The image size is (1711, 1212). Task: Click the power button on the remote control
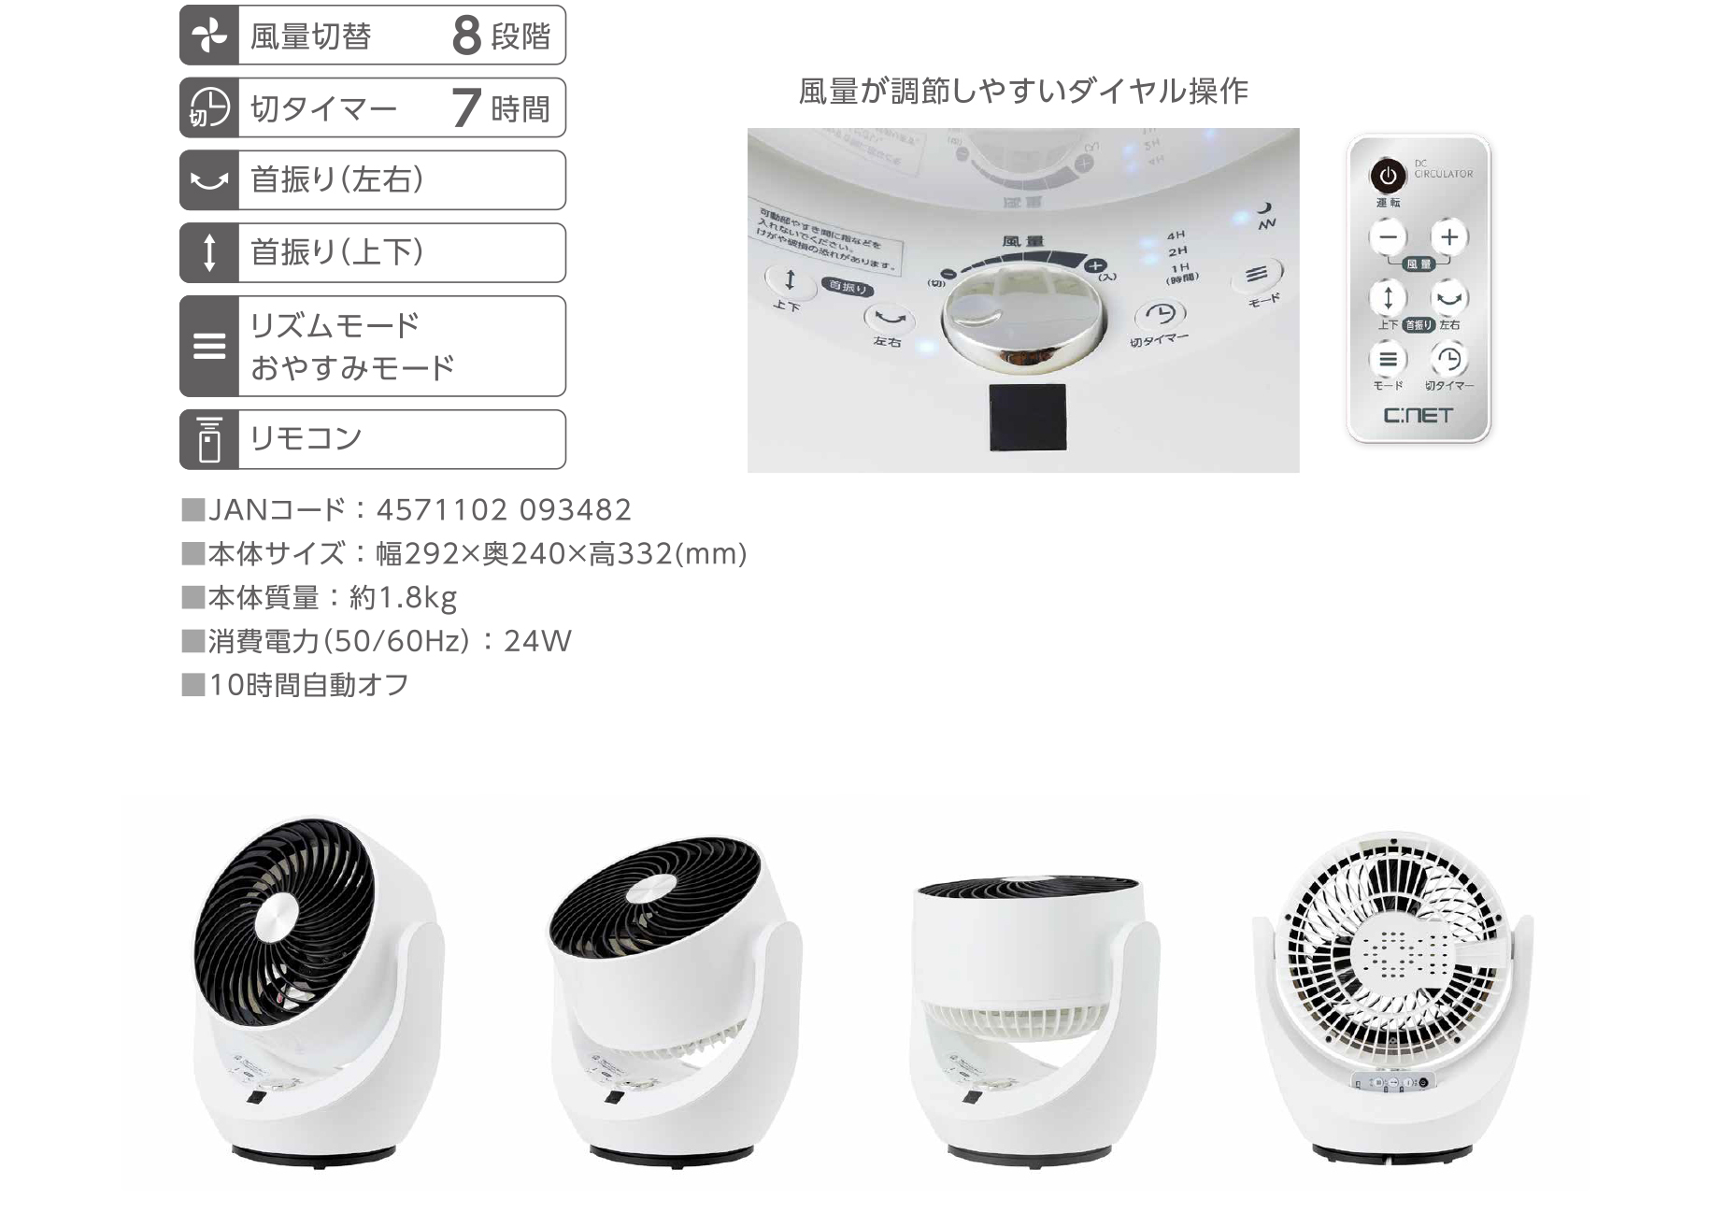tap(1388, 176)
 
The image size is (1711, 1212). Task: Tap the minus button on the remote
tap(1388, 237)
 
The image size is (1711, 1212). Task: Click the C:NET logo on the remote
tap(1418, 415)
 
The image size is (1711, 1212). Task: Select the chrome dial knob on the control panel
tap(1023, 318)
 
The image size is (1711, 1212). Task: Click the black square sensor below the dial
tap(1027, 418)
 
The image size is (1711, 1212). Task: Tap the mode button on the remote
tap(1388, 359)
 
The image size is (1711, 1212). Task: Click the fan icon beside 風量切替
tap(209, 36)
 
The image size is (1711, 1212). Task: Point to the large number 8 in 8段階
tap(466, 36)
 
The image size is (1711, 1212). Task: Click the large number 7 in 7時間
tap(466, 108)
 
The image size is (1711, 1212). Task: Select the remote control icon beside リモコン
tap(209, 439)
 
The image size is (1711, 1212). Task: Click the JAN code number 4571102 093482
tap(504, 510)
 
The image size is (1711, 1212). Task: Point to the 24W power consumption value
tap(537, 641)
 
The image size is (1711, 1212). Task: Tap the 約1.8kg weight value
tap(403, 597)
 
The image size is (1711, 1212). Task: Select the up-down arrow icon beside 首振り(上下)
tap(209, 252)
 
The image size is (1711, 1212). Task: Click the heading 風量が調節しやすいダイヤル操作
tap(1023, 92)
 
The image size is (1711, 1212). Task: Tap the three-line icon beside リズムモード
tap(209, 347)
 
